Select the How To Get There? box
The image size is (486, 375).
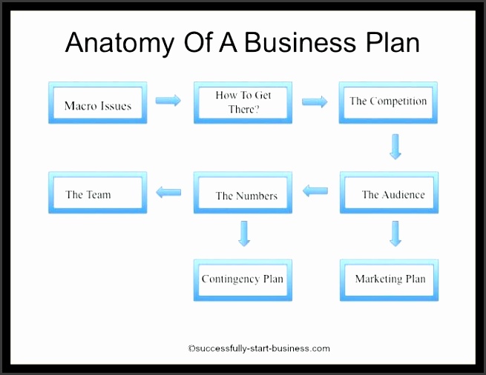[243, 102]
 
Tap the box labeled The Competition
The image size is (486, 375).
[389, 102]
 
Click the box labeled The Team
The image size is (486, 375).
[97, 193]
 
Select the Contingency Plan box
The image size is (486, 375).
[243, 280]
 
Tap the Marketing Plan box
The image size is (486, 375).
[389, 280]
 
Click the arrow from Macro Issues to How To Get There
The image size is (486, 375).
[168, 101]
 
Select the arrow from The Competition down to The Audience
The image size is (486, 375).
[395, 147]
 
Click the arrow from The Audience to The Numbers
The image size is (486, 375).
[315, 191]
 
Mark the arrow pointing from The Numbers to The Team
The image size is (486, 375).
[168, 193]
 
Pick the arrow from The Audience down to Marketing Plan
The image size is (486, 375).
[395, 233]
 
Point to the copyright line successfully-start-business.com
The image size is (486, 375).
[259, 348]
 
